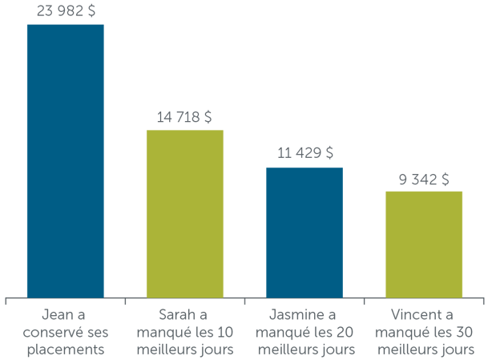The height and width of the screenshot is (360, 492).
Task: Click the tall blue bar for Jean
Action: (x=65, y=160)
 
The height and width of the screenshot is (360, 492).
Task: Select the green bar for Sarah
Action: (x=184, y=212)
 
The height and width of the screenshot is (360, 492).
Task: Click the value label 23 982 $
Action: (x=65, y=10)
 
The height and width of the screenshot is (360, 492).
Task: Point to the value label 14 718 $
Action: (x=184, y=117)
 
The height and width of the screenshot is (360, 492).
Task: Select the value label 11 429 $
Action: (x=304, y=153)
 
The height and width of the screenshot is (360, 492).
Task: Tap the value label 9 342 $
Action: (x=424, y=179)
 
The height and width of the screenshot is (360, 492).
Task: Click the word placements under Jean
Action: (x=65, y=350)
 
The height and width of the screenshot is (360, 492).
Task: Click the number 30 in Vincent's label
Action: (x=466, y=333)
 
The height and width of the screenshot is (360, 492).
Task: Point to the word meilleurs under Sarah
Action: (x=166, y=350)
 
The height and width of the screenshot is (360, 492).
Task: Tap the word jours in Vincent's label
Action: (x=456, y=350)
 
